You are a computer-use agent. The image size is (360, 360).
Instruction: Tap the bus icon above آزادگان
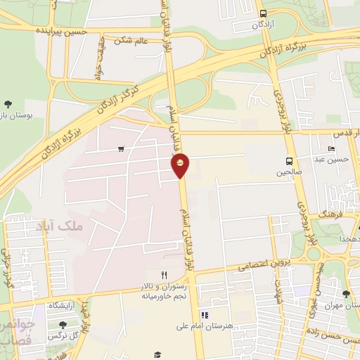pos(263,13)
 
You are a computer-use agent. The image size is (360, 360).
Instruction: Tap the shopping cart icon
pos(122,148)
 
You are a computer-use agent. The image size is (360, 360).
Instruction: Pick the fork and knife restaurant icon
pos(164,275)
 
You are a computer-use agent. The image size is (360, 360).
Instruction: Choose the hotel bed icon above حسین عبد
pos(332,149)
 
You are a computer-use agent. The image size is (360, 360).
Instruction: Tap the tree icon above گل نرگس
pos(63,324)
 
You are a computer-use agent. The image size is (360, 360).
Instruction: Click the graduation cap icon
pos(157,355)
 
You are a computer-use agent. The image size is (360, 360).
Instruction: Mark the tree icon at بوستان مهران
pos(345,294)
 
